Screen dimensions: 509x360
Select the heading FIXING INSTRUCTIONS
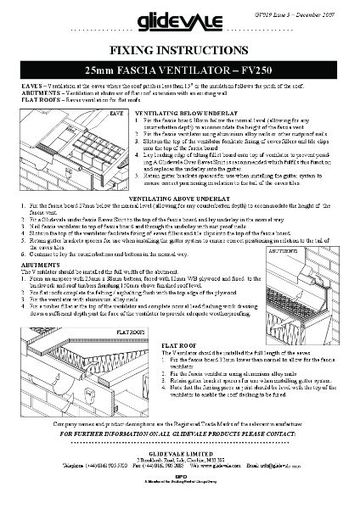(x=179, y=50)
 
